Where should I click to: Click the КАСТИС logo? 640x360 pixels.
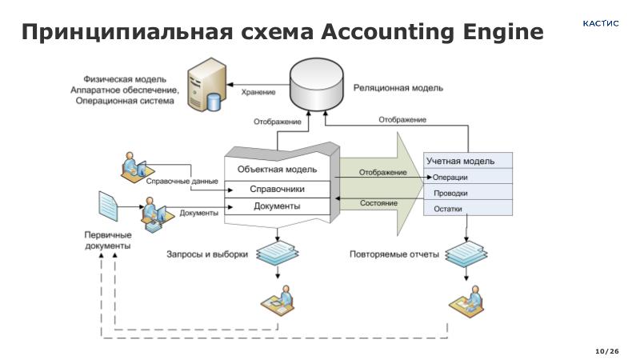point(600,24)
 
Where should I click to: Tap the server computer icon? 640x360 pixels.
point(203,89)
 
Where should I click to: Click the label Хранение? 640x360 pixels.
point(258,93)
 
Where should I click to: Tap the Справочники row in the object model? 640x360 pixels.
point(277,190)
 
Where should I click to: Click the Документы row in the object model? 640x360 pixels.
point(277,206)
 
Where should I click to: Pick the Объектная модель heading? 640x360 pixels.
point(277,170)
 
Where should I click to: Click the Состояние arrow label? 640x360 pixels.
point(378,203)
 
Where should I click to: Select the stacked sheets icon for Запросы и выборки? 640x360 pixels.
point(278,253)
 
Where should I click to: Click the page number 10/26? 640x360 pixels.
point(607,352)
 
